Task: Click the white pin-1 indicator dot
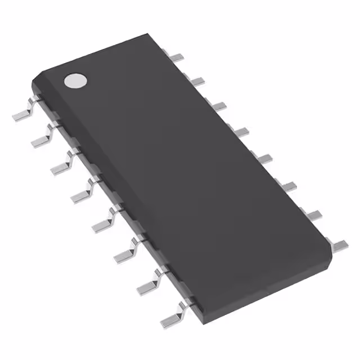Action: (x=75, y=81)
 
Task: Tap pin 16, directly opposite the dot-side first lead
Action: (x=177, y=56)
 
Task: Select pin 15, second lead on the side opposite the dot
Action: (x=197, y=82)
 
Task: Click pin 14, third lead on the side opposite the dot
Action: (x=219, y=106)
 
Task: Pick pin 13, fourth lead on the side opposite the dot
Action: (x=242, y=132)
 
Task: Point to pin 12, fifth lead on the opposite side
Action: (x=265, y=158)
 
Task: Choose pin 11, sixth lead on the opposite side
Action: (x=289, y=185)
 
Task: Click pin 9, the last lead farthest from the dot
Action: (x=340, y=244)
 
